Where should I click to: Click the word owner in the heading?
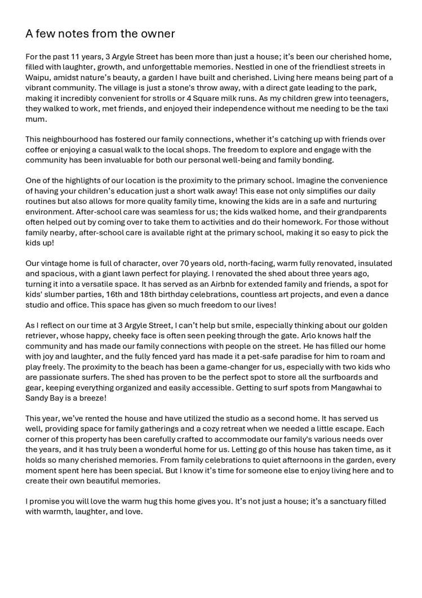coord(157,34)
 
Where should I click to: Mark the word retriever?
coord(42,335)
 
